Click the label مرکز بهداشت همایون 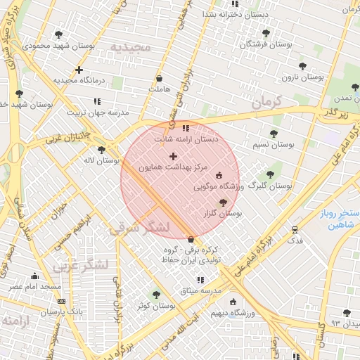coord(174,167)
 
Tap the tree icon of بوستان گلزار coord(223,202)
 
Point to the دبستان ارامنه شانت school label coord(186,139)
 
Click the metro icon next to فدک coord(295,229)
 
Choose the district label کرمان coord(265,102)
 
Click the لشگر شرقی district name coord(139,227)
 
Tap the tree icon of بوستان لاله coord(102,149)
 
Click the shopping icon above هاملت coord(160,78)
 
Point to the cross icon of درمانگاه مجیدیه coord(79,70)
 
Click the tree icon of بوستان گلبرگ coord(270,174)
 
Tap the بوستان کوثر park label coord(157,306)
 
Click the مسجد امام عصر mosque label coord(34,287)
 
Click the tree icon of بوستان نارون coord(302,66)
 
